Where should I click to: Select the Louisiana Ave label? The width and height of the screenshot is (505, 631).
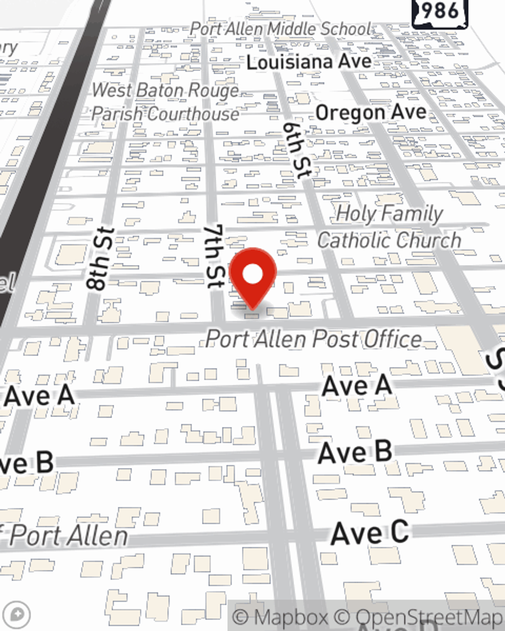tap(309, 62)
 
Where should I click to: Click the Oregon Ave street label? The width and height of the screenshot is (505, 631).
tap(371, 112)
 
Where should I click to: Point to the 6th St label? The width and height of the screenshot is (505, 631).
tap(296, 150)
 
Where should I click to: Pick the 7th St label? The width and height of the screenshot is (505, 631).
tap(214, 256)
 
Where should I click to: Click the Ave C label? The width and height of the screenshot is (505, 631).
tap(370, 533)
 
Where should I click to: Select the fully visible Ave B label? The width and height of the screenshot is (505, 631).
tap(355, 452)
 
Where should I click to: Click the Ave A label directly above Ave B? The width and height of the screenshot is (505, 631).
tap(357, 387)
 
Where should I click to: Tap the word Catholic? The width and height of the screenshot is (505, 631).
tap(360, 240)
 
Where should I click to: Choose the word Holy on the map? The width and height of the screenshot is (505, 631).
tap(356, 214)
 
